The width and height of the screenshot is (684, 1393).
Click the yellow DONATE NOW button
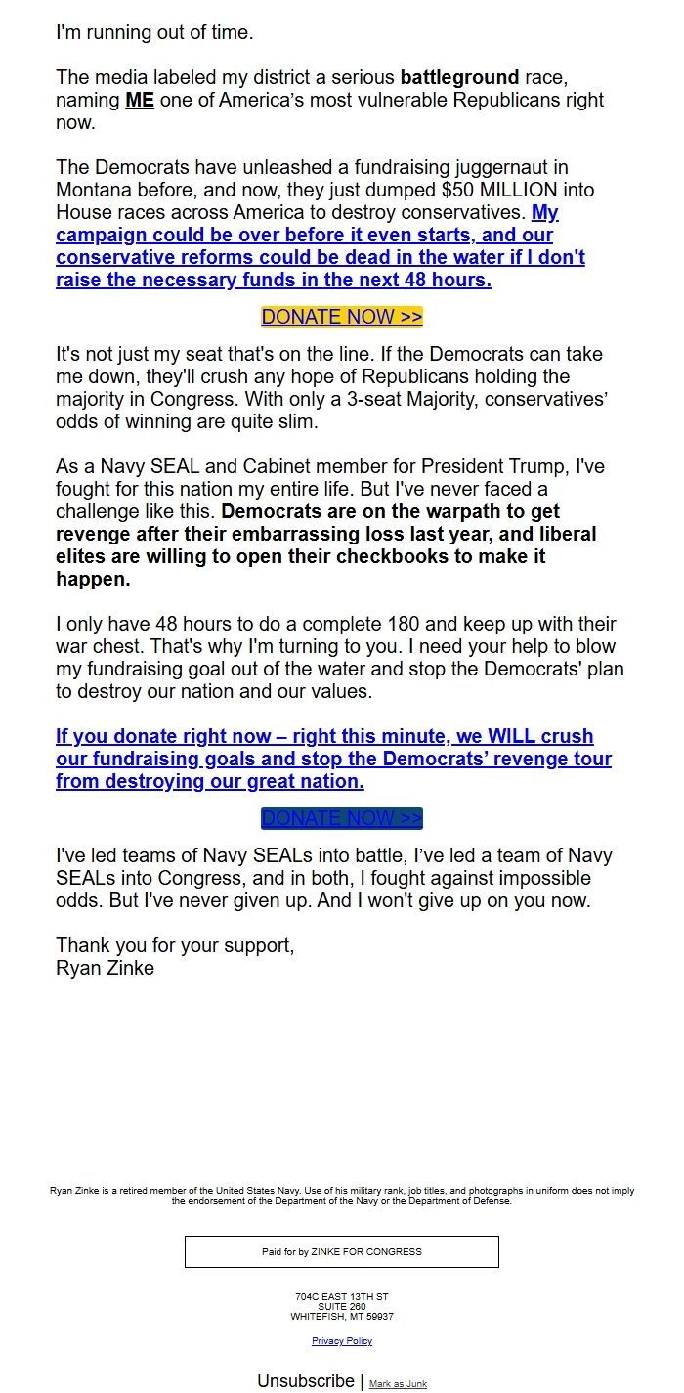(x=342, y=317)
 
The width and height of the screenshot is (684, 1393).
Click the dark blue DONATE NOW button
(x=342, y=818)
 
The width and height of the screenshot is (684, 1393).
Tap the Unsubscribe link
(x=306, y=1380)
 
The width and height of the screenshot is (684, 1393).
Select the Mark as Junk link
(x=398, y=1384)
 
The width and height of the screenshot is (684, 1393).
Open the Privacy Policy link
(x=342, y=1341)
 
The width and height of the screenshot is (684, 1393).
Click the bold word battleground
(x=459, y=77)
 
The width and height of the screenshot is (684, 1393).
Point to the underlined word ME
(x=140, y=100)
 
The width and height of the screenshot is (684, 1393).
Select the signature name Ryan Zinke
(x=105, y=969)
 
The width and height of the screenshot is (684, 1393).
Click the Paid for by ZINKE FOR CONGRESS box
(x=342, y=1251)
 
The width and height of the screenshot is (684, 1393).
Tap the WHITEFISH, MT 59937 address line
(x=342, y=1317)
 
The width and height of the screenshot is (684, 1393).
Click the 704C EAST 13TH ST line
(x=342, y=1297)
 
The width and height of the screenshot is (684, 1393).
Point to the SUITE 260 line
(x=342, y=1307)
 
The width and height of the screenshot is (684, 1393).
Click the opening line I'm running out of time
(x=154, y=32)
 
